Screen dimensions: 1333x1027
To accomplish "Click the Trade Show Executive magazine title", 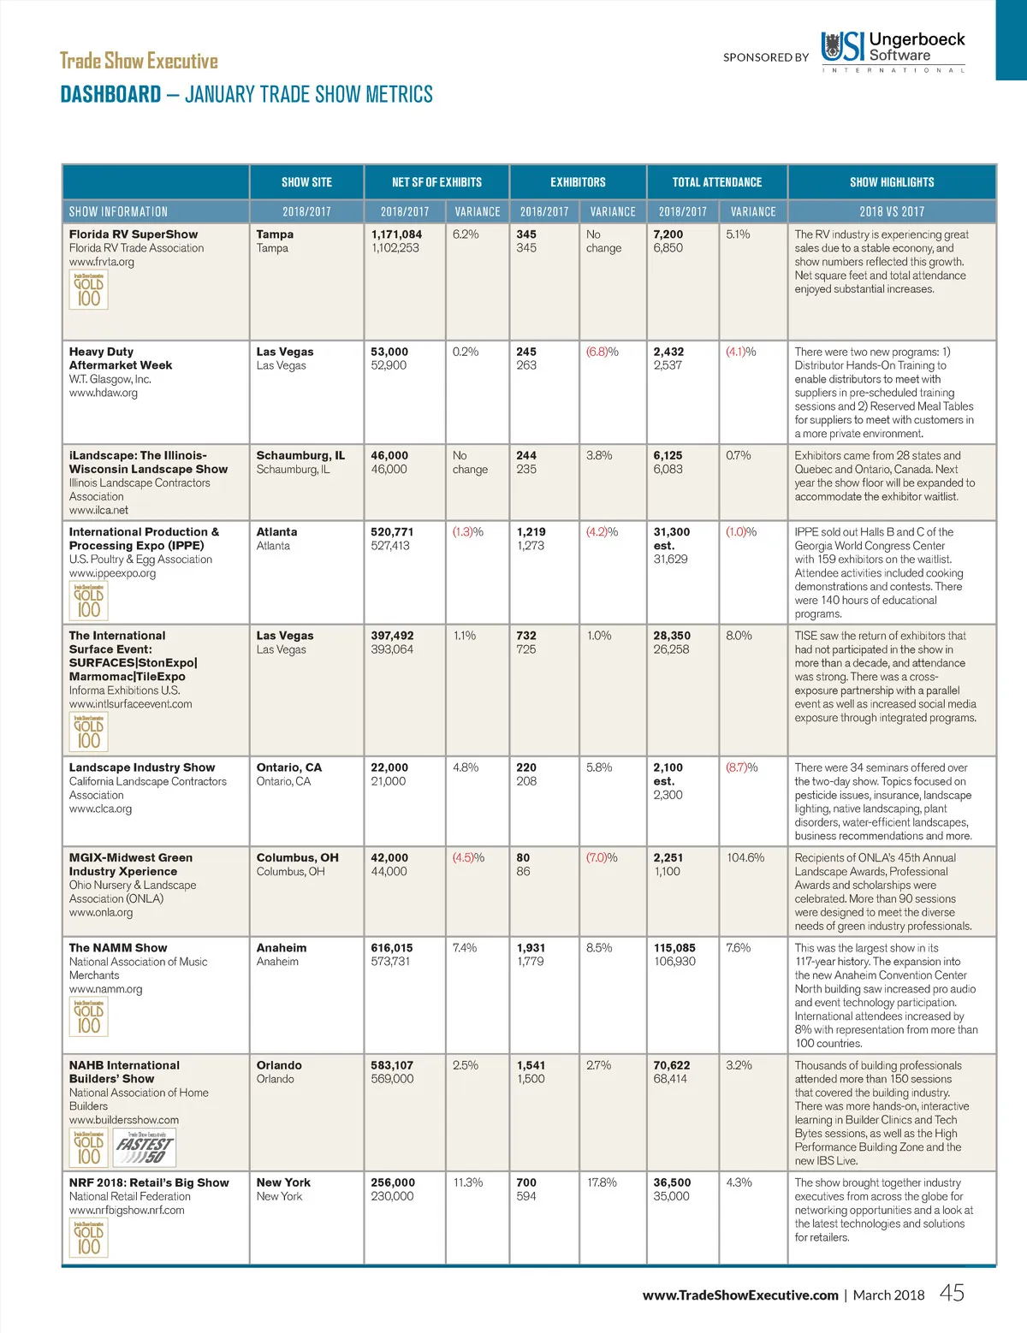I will point(139,61).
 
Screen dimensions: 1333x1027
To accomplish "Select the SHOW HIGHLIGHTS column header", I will point(891,182).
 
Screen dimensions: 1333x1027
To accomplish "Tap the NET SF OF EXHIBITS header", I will point(436,182).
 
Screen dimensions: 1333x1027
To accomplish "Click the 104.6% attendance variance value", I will point(745,857).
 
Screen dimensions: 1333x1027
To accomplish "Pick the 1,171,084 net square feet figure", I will point(396,234).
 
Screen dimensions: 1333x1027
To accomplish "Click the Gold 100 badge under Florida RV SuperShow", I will point(88,290).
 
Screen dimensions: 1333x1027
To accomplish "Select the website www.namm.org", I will point(105,989).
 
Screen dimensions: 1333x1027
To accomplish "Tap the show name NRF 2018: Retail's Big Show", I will point(149,1182).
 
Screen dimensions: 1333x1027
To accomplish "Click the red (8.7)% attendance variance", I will point(741,767).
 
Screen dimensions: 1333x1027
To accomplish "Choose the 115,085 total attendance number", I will point(674,948).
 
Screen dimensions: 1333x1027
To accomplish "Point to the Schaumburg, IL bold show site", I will point(300,455).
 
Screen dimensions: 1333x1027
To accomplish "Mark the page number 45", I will point(952,1293).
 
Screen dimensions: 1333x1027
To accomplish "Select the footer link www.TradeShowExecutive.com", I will point(740,1295).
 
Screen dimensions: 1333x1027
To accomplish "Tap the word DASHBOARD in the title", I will point(110,94).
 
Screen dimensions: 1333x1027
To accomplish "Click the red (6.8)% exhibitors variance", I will point(602,352).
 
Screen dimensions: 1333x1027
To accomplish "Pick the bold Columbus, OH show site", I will point(297,857).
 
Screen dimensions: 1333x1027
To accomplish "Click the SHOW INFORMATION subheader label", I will point(118,211).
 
